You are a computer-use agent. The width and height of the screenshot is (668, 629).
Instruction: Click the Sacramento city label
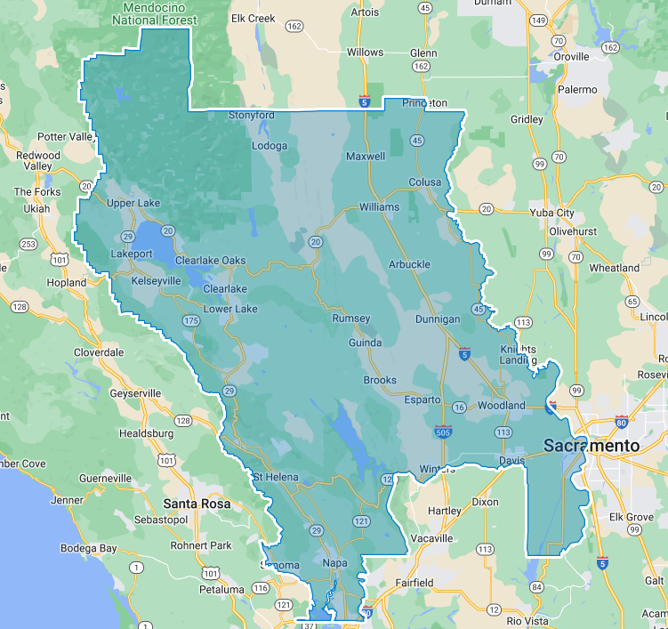pyautogui.click(x=592, y=444)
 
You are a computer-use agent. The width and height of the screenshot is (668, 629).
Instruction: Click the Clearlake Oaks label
pyautogui.click(x=210, y=260)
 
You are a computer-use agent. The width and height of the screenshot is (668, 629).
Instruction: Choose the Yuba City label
pyautogui.click(x=551, y=213)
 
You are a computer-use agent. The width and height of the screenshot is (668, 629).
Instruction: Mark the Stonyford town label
pyautogui.click(x=251, y=116)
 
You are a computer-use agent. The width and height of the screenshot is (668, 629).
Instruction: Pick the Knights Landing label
pyautogui.click(x=519, y=354)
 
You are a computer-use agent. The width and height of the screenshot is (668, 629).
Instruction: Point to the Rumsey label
pyautogui.click(x=350, y=319)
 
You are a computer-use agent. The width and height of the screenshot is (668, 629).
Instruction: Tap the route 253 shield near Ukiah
pyautogui.click(x=28, y=244)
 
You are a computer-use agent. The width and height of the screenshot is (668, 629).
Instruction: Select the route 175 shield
pyautogui.click(x=189, y=319)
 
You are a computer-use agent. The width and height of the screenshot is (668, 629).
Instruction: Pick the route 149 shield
pyautogui.click(x=538, y=20)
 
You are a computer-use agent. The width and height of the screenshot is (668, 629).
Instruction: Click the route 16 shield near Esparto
pyautogui.click(x=458, y=407)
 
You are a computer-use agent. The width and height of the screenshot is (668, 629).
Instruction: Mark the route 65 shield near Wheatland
pyautogui.click(x=632, y=301)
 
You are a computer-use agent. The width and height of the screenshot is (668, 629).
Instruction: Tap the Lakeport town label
pyautogui.click(x=132, y=254)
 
